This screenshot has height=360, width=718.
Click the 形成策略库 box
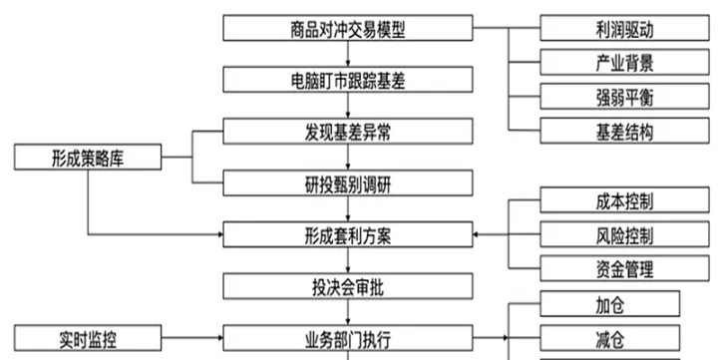pyautogui.click(x=88, y=157)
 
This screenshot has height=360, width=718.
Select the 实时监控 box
pyautogui.click(x=88, y=338)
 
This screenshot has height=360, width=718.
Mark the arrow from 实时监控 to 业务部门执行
pyautogui.click(x=189, y=338)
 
